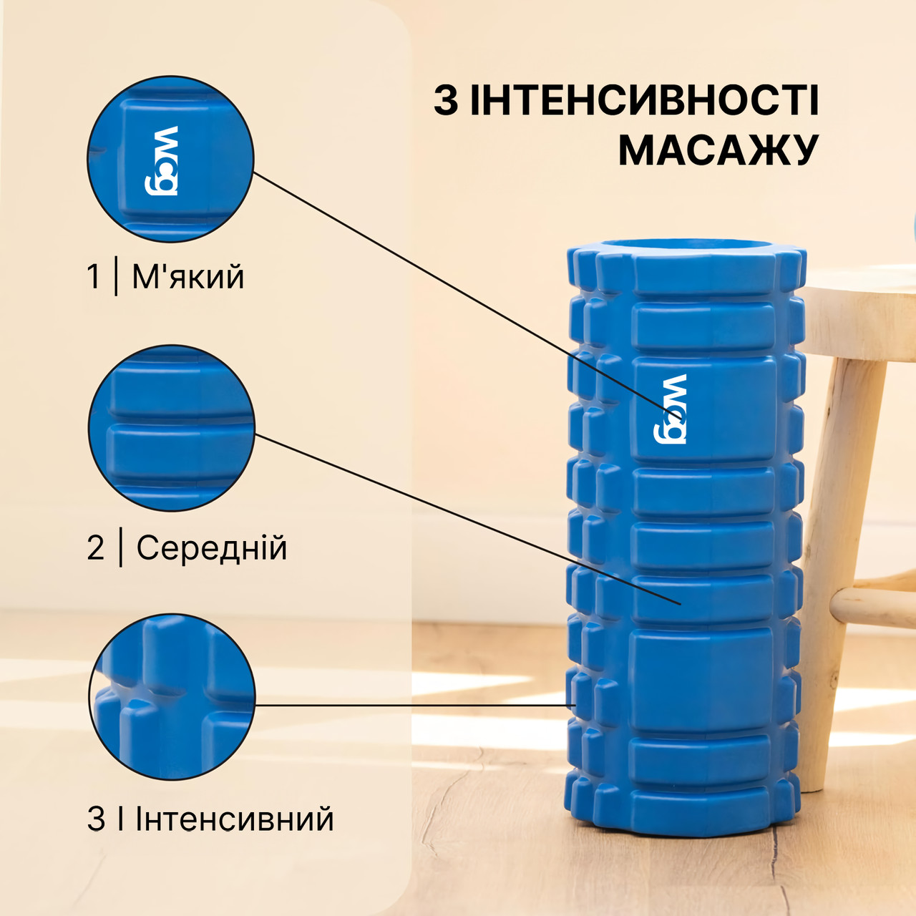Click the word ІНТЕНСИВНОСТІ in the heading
[645, 100]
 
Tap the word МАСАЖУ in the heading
[718, 150]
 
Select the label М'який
[188, 277]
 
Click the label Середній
[212, 548]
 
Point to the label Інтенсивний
[235, 819]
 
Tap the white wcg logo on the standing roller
[670, 409]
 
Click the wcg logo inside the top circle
[161, 161]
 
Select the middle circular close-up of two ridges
[172, 428]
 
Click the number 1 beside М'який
[94, 277]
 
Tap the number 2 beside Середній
[96, 548]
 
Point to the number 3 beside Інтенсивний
[96, 819]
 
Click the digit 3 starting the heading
[445, 101]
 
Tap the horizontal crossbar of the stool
[874, 605]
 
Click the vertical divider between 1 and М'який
[116, 277]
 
